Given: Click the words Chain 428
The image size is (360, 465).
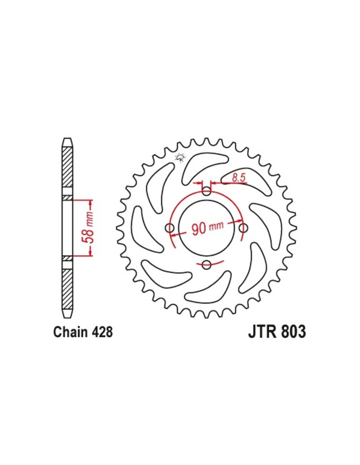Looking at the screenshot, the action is click(x=83, y=333).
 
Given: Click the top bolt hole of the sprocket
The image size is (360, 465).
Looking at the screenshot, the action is click(x=206, y=191).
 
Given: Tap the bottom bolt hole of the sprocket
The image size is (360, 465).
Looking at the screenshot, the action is click(x=206, y=265).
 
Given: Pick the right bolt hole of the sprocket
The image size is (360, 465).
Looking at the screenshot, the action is click(x=243, y=228).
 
